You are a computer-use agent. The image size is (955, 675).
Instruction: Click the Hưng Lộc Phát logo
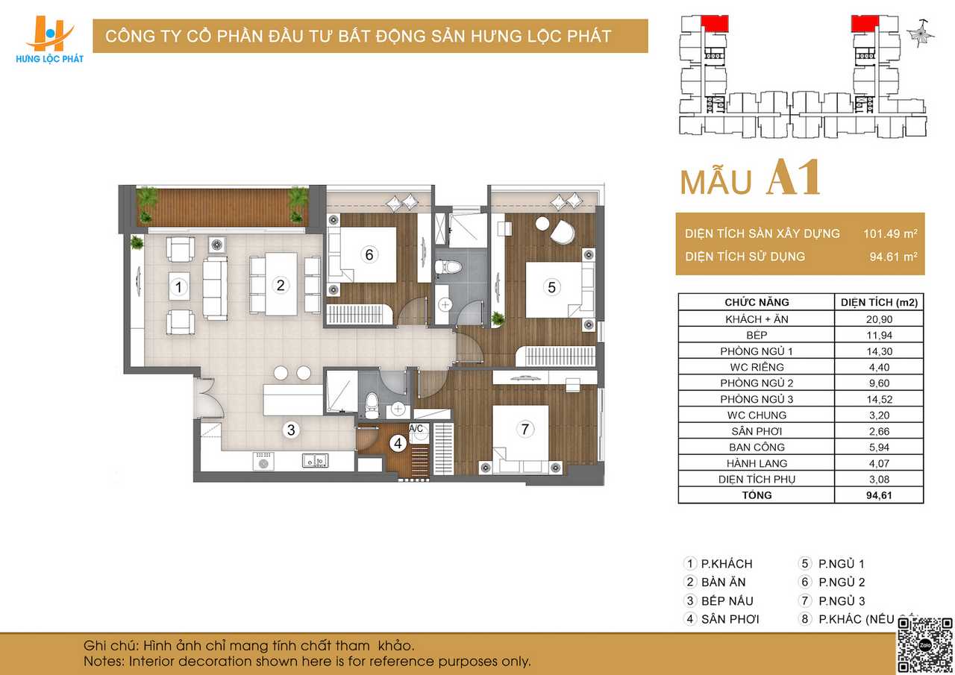tap(49, 40)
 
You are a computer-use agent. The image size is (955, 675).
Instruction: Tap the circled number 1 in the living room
tap(178, 287)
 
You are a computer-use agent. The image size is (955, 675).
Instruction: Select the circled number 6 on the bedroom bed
tap(369, 255)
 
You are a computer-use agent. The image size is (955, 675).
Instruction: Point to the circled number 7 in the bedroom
tap(525, 429)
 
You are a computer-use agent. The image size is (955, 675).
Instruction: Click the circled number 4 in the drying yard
tap(398, 444)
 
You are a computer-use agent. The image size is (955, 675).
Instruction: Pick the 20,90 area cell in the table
tap(879, 319)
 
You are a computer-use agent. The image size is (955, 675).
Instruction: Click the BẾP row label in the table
tap(757, 335)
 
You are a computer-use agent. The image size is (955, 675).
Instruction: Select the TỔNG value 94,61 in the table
tap(879, 495)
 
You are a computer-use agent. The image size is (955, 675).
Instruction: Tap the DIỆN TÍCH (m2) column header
tap(879, 303)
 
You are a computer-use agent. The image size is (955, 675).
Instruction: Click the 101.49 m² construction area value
tap(890, 233)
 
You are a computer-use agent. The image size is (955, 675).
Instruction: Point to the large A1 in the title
tap(794, 178)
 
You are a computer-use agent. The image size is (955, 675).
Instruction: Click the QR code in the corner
tap(924, 645)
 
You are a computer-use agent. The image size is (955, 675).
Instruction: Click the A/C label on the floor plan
tap(416, 428)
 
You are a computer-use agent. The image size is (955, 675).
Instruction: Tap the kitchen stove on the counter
tap(263, 462)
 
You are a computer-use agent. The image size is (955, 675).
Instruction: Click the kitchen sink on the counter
tap(315, 461)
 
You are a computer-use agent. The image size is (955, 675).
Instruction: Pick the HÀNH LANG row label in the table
tap(757, 463)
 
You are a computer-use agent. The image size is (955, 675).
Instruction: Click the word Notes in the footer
tap(104, 662)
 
